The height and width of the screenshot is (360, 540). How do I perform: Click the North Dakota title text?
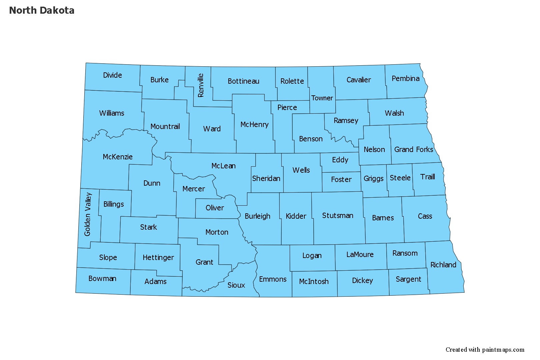click(x=42, y=10)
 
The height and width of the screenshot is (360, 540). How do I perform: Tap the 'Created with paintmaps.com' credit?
click(x=485, y=349)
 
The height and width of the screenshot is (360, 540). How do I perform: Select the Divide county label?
click(x=112, y=75)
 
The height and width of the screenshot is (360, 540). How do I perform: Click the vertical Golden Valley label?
click(x=88, y=214)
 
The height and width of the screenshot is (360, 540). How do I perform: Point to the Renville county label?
click(x=200, y=85)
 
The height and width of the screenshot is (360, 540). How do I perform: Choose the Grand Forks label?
click(x=414, y=149)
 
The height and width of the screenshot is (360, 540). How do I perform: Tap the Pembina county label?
click(x=405, y=78)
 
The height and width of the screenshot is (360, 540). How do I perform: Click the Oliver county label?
click(x=215, y=208)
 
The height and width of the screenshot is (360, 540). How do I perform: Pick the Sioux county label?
click(x=236, y=285)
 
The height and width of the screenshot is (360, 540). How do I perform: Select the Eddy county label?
click(x=340, y=160)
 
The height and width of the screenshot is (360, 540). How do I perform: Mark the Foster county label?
click(x=341, y=179)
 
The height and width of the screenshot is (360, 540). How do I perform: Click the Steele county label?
click(x=400, y=178)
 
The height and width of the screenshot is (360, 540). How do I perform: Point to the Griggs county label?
click(x=373, y=179)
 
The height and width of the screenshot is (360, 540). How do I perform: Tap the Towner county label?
click(x=322, y=98)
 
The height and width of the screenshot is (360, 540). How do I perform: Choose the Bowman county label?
click(x=102, y=278)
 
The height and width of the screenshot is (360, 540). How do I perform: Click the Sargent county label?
click(x=408, y=279)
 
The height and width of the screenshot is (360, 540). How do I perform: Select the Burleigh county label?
click(x=257, y=216)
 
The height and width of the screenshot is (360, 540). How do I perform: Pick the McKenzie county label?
click(x=118, y=157)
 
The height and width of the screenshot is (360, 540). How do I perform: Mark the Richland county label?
click(x=443, y=265)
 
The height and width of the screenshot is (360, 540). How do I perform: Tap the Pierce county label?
click(x=287, y=107)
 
